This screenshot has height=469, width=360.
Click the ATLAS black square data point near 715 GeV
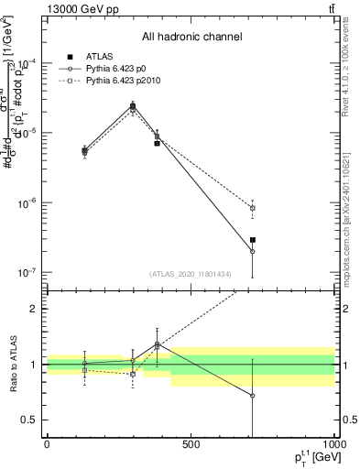click(x=252, y=240)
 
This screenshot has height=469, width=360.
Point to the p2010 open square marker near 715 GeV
click(x=252, y=208)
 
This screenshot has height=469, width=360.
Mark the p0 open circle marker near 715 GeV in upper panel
click(x=252, y=251)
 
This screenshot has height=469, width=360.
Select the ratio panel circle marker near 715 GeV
click(x=252, y=396)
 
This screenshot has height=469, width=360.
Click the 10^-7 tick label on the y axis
click(x=27, y=272)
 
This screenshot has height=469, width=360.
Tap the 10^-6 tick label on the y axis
click(x=27, y=202)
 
